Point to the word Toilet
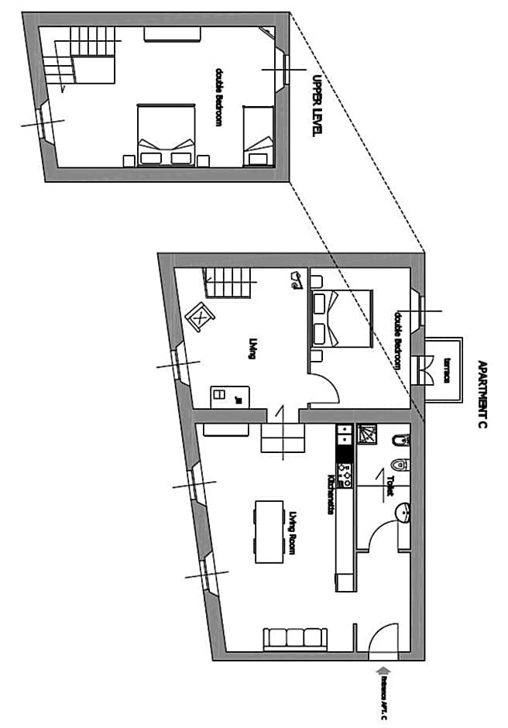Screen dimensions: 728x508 [x=390, y=485]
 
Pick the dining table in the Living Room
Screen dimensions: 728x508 [x=267, y=532]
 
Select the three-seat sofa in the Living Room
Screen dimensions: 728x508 [x=295, y=639]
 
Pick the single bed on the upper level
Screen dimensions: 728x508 [x=258, y=136]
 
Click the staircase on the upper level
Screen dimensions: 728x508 [x=77, y=54]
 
